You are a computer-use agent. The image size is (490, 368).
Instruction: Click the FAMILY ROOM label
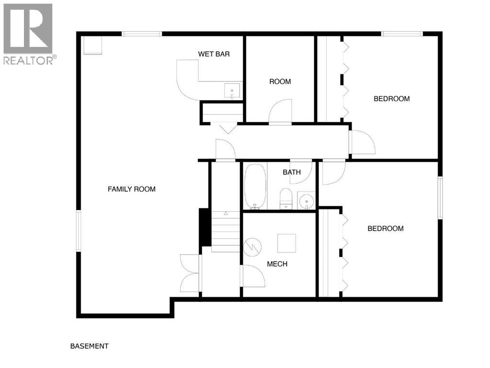tap(131, 189)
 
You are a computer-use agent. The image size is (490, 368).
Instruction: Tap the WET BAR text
tap(214, 54)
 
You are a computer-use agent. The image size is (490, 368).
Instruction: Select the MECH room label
tap(277, 264)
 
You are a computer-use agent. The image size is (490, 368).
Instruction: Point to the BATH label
tap(292, 172)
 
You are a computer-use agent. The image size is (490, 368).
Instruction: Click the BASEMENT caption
tap(89, 346)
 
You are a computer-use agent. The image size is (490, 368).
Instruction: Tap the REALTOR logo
tap(28, 34)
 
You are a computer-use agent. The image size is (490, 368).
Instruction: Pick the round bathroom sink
tap(306, 201)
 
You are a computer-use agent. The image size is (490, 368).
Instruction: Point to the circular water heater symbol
tap(252, 247)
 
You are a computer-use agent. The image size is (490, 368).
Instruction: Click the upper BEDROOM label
tap(391, 99)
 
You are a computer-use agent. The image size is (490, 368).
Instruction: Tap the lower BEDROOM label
tap(385, 229)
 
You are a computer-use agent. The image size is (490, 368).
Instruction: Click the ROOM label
tap(280, 81)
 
